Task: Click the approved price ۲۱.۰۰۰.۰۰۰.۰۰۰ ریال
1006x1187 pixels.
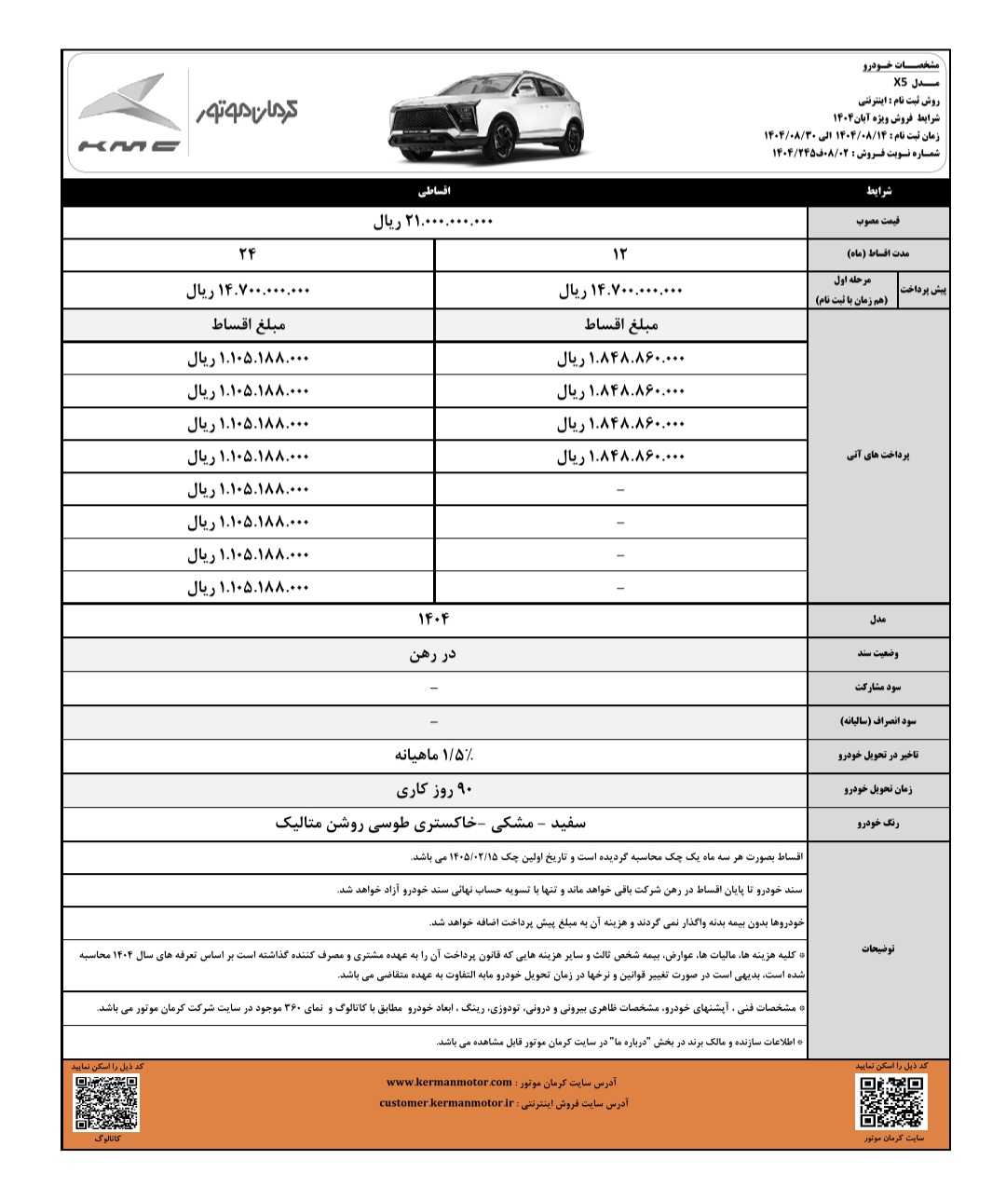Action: [433, 223]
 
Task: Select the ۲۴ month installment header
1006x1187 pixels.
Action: [248, 254]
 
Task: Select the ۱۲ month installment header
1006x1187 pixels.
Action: [620, 254]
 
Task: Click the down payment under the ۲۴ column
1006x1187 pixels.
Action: [248, 291]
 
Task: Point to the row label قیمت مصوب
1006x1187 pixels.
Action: [877, 223]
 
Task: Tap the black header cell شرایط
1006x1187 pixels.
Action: [877, 190]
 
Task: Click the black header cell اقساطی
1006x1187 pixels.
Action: [434, 190]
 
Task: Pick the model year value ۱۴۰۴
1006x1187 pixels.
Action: [433, 620]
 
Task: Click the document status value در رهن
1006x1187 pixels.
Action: [433, 654]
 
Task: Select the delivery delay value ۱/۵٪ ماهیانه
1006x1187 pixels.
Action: [433, 755]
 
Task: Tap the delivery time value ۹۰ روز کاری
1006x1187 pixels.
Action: [433, 790]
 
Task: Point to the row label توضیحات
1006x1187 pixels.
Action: [877, 948]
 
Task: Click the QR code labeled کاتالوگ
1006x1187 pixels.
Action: [106, 1102]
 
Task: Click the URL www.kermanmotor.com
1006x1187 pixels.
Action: [449, 1083]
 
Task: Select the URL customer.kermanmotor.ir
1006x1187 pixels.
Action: [447, 1103]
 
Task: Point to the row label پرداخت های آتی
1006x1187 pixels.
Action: [877, 456]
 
